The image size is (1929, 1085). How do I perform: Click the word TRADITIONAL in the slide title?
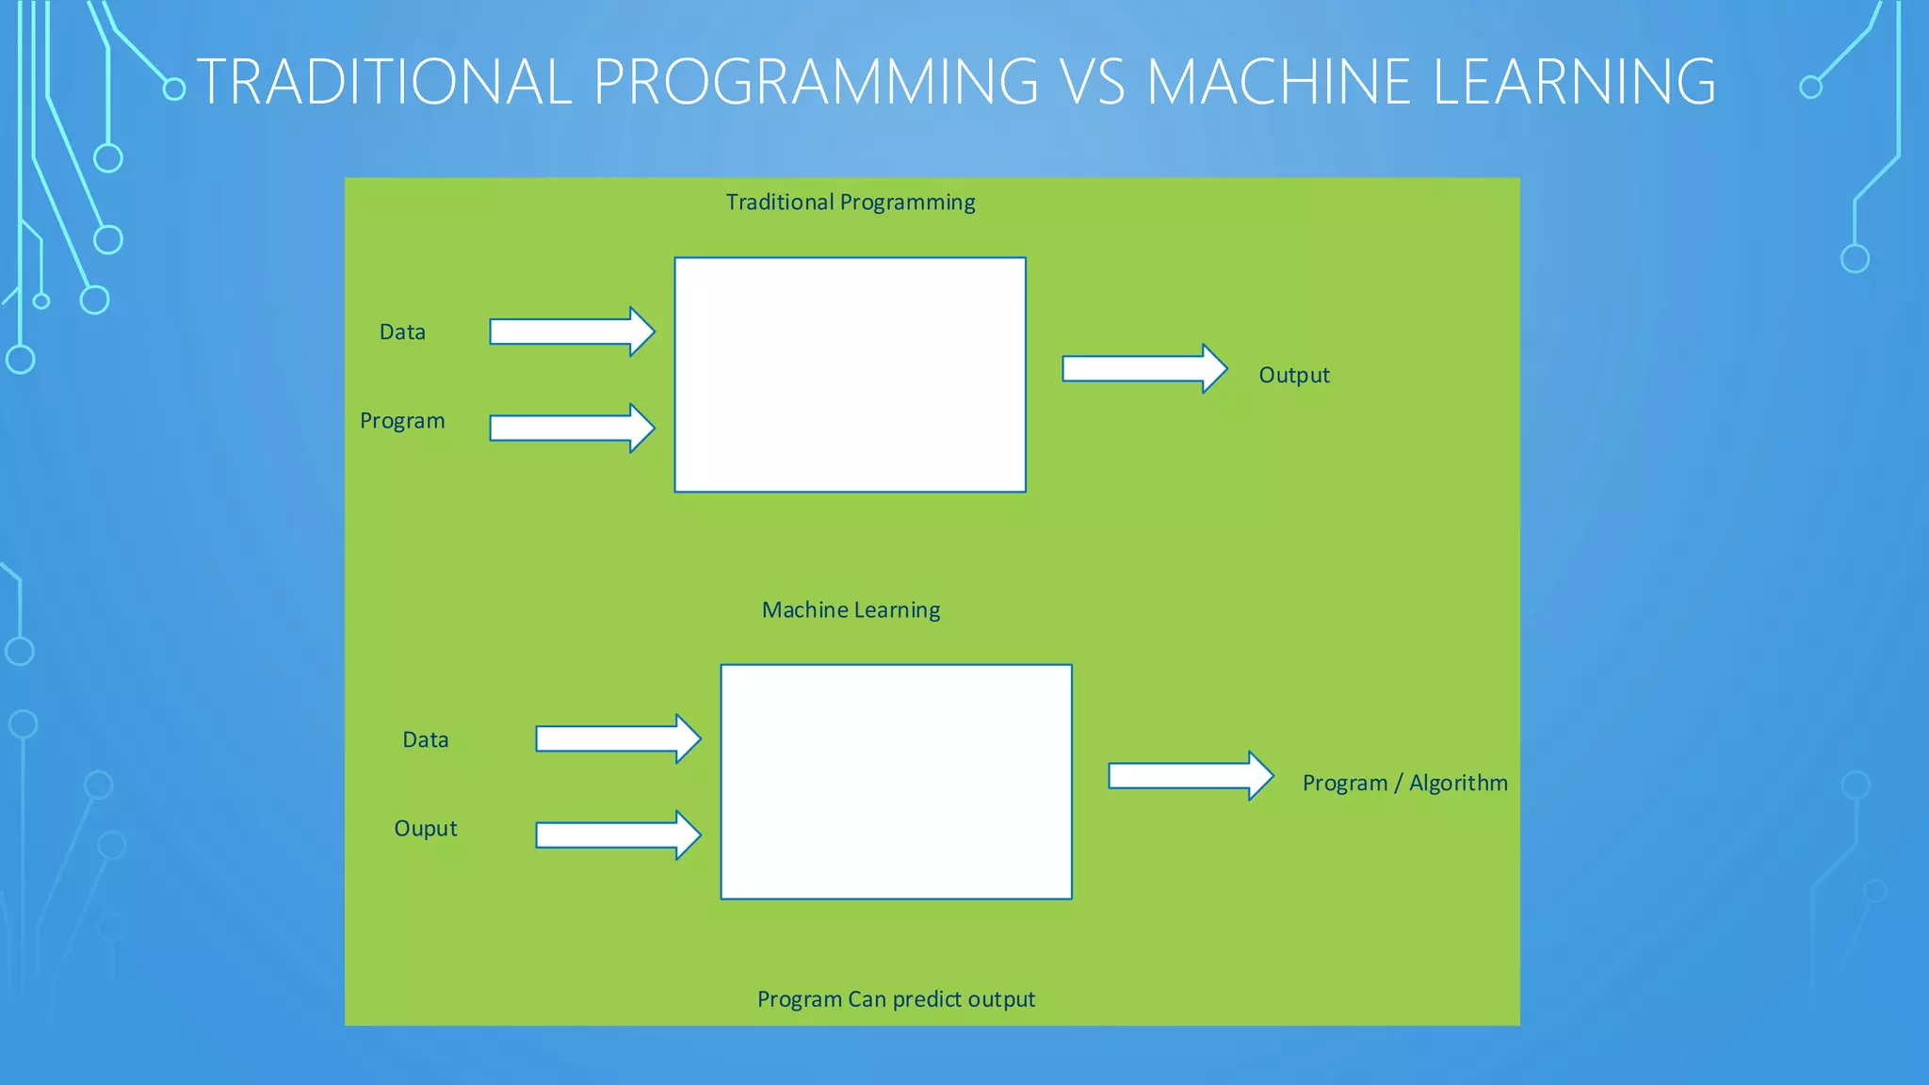click(384, 81)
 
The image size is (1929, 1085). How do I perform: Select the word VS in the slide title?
click(1093, 81)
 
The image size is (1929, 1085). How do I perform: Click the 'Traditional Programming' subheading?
click(850, 202)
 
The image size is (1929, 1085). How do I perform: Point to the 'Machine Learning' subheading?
click(851, 610)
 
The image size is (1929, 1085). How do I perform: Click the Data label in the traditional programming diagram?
click(402, 332)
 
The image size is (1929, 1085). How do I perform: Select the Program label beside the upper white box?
click(402, 421)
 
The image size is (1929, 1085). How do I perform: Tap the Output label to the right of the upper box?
click(1293, 376)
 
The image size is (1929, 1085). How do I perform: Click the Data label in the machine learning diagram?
click(426, 740)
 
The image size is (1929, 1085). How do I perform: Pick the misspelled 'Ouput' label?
click(426, 829)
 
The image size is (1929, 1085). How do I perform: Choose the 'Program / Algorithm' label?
click(1404, 784)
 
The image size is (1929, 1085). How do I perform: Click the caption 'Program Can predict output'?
click(896, 999)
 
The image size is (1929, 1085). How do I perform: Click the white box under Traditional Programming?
click(850, 375)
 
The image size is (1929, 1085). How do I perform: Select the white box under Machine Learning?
click(896, 782)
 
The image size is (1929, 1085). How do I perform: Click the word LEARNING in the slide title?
click(1573, 81)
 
